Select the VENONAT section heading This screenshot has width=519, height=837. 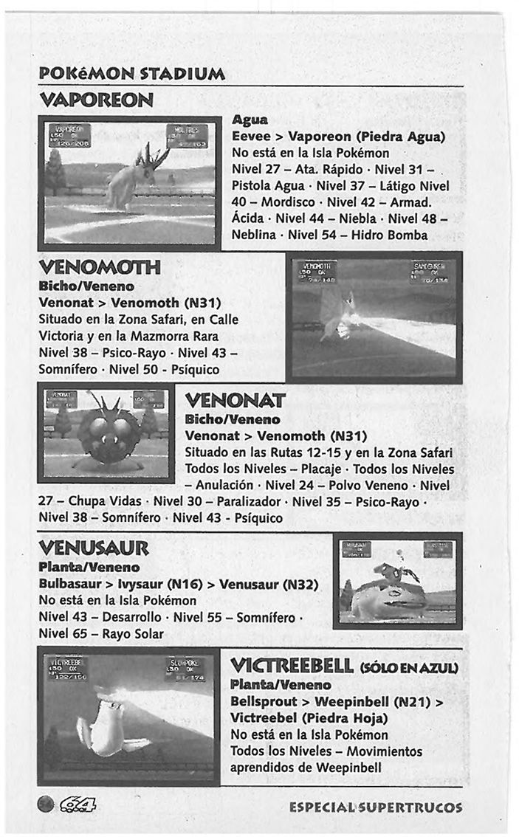tap(235, 402)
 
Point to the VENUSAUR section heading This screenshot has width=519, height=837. tap(94, 548)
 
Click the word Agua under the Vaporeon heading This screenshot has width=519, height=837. tap(250, 120)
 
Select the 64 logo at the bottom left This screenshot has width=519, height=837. tap(74, 806)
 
